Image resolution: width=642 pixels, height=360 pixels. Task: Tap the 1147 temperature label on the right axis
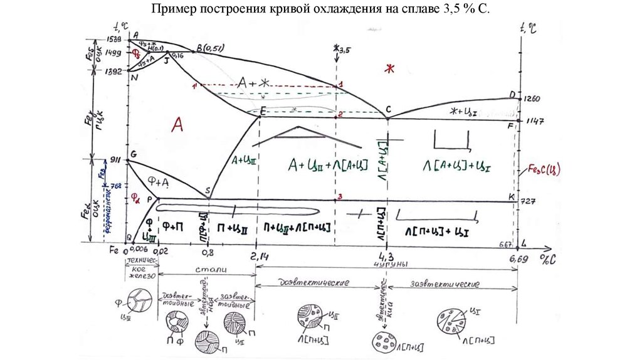tap(534, 120)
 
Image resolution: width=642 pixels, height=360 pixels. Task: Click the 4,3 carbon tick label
tap(387, 256)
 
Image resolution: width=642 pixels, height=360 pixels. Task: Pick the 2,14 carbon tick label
tap(256, 256)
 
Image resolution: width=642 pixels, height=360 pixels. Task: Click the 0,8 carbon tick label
tap(208, 255)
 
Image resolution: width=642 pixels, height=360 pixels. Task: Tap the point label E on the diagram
tap(263, 112)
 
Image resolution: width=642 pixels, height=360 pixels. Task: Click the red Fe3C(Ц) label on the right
tap(544, 169)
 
